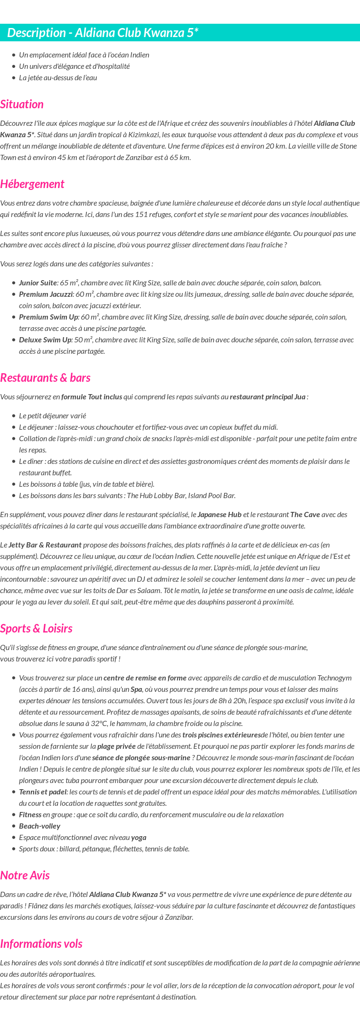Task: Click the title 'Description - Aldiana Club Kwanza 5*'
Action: pyautogui.click(x=103, y=33)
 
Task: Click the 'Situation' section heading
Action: pyautogui.click(x=22, y=104)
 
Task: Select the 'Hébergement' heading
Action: pyautogui.click(x=32, y=184)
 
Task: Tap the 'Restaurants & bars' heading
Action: pyautogui.click(x=45, y=378)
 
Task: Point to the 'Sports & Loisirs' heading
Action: pyautogui.click(x=36, y=629)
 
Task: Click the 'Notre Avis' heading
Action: pyautogui.click(x=25, y=876)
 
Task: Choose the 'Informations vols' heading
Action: pyautogui.click(x=41, y=944)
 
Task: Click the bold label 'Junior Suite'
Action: pyautogui.click(x=38, y=283)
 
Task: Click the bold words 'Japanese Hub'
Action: pyautogui.click(x=219, y=515)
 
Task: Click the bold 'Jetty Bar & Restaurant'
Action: pyautogui.click(x=45, y=545)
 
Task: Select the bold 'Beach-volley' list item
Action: pyautogui.click(x=39, y=826)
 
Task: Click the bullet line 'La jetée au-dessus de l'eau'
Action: pyautogui.click(x=58, y=78)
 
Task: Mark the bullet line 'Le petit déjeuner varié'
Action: pyautogui.click(x=52, y=416)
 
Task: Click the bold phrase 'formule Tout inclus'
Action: pyautogui.click(x=92, y=397)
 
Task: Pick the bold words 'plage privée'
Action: pyautogui.click(x=115, y=746)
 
